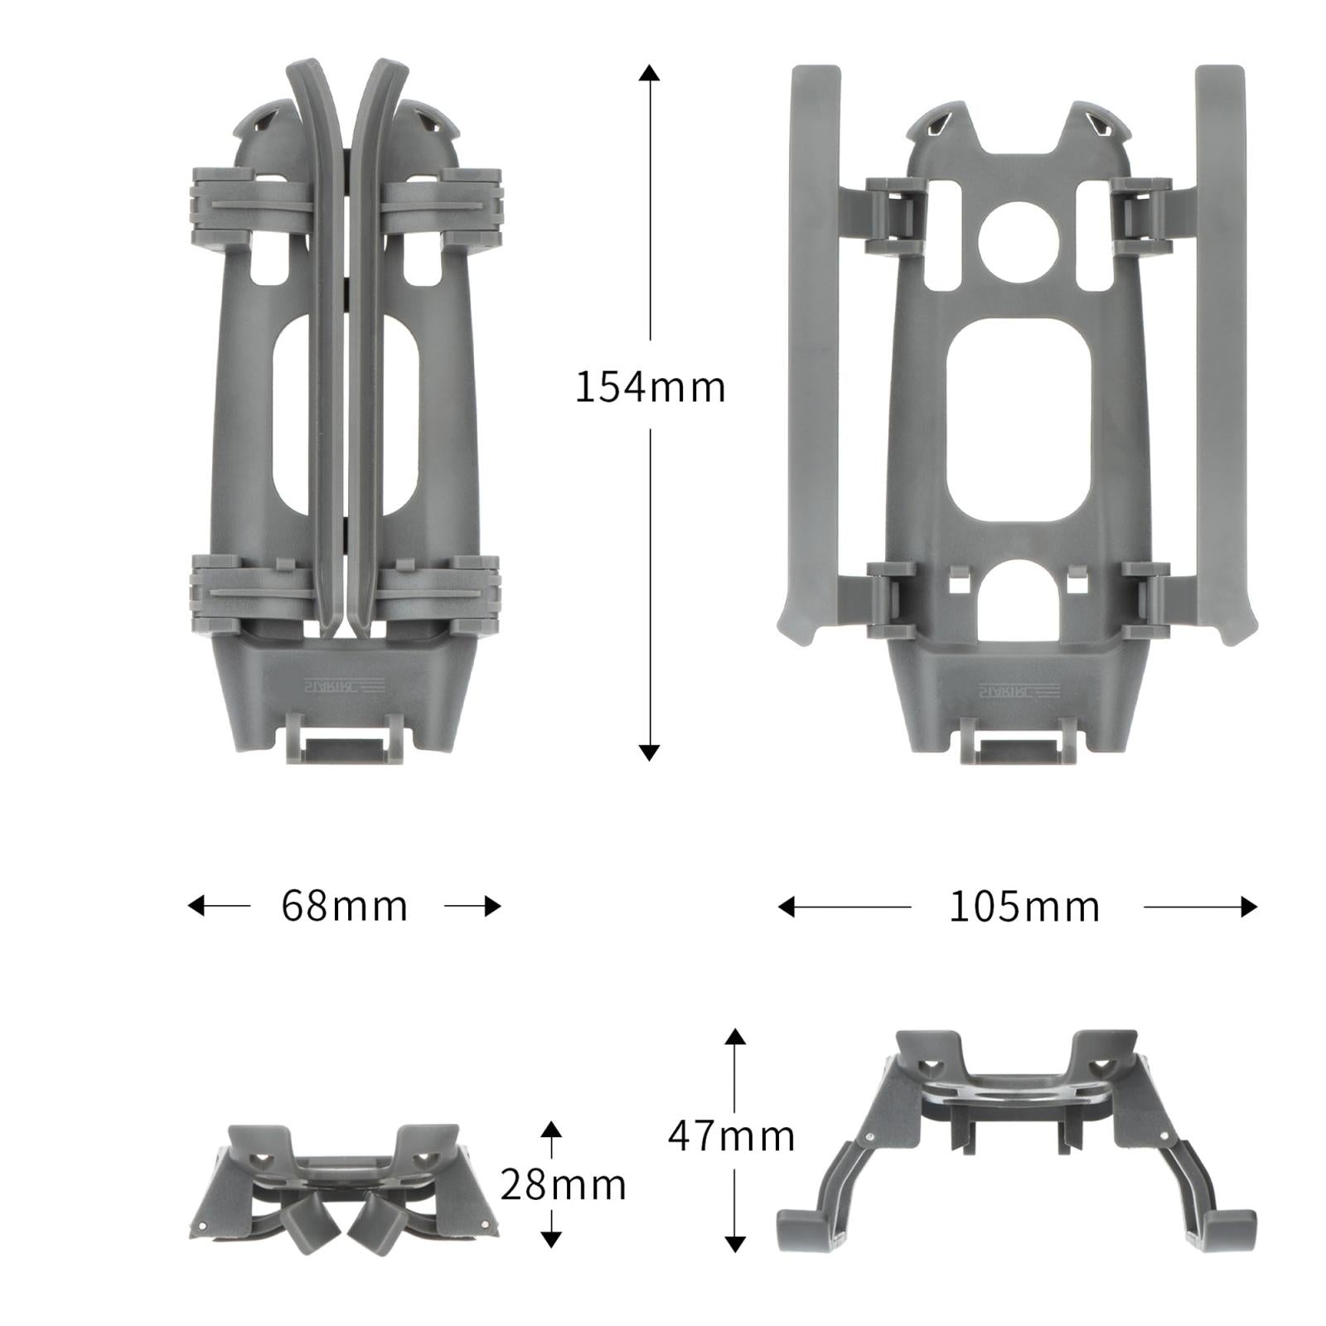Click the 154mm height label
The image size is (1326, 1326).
tap(650, 387)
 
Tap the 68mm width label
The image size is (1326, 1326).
tap(344, 906)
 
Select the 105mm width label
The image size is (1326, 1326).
tap(1024, 907)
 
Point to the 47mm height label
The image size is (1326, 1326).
tap(732, 1135)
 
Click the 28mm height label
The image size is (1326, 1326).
tap(563, 1185)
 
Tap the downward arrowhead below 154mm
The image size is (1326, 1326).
tap(650, 753)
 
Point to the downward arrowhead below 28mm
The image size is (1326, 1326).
tap(551, 1239)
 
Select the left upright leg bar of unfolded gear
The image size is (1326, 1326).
tap(815, 348)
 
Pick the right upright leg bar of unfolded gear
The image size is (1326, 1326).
tap(1220, 348)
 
